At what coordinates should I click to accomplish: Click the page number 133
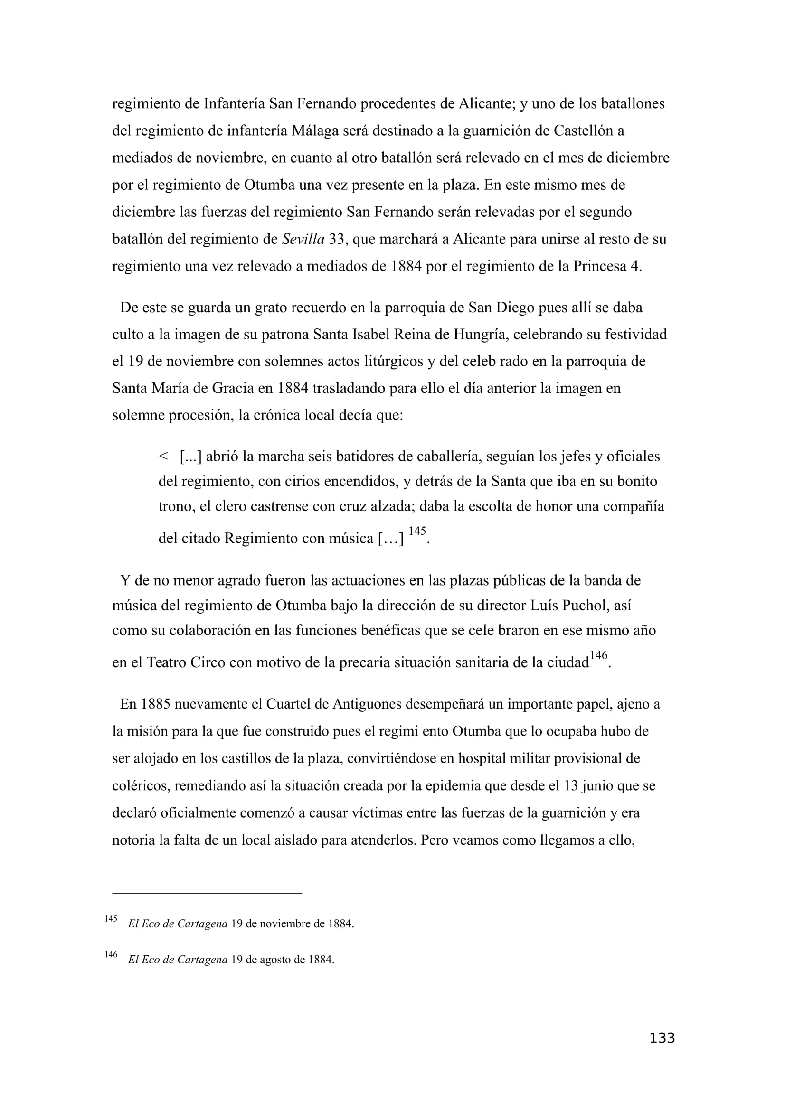662,1052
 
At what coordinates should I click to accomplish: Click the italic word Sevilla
303,239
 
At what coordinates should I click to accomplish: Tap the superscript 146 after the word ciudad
598,655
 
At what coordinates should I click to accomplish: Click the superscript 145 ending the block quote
417,532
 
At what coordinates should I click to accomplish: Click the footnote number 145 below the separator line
111,919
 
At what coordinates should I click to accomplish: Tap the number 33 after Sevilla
337,239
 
